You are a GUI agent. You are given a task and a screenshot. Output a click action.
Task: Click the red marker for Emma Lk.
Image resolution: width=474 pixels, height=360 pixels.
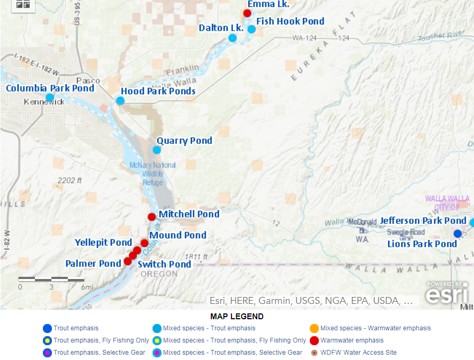point(247,13)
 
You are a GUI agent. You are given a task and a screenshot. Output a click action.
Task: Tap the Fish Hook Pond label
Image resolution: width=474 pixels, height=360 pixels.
point(290,22)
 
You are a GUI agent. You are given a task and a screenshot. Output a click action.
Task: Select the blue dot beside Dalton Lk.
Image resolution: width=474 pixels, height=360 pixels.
point(232,38)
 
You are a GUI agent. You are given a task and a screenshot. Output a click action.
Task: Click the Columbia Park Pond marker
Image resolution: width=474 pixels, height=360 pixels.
point(50,97)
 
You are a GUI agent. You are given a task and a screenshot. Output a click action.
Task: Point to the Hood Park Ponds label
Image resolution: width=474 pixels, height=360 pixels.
point(158,91)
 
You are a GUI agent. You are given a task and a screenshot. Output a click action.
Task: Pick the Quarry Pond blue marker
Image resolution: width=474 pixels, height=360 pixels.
point(157,150)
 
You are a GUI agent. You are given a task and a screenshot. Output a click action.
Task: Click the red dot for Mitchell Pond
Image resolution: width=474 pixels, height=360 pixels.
point(151,217)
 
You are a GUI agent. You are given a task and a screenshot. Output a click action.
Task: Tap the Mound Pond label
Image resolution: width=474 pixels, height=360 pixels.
point(177,235)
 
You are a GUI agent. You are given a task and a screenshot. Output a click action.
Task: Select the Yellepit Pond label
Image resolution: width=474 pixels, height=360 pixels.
point(103,242)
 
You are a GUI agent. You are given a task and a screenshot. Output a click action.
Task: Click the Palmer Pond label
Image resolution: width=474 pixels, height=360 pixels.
point(93,264)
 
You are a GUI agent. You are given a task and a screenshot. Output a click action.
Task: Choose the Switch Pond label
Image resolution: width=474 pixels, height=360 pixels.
point(164,264)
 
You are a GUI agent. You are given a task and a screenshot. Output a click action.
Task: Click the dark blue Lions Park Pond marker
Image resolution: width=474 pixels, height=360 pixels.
point(458,233)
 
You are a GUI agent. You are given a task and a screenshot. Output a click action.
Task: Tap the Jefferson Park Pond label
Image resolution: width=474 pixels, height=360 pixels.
point(423,221)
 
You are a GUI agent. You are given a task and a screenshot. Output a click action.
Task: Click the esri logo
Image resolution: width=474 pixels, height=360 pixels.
point(447,292)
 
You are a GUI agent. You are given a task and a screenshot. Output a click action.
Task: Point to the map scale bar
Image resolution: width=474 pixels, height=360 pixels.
point(51,278)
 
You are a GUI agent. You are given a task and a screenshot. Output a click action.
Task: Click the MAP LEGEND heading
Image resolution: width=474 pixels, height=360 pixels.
point(237,317)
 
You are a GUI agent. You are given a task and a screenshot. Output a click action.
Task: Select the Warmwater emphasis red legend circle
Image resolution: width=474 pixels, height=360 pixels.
point(314,340)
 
